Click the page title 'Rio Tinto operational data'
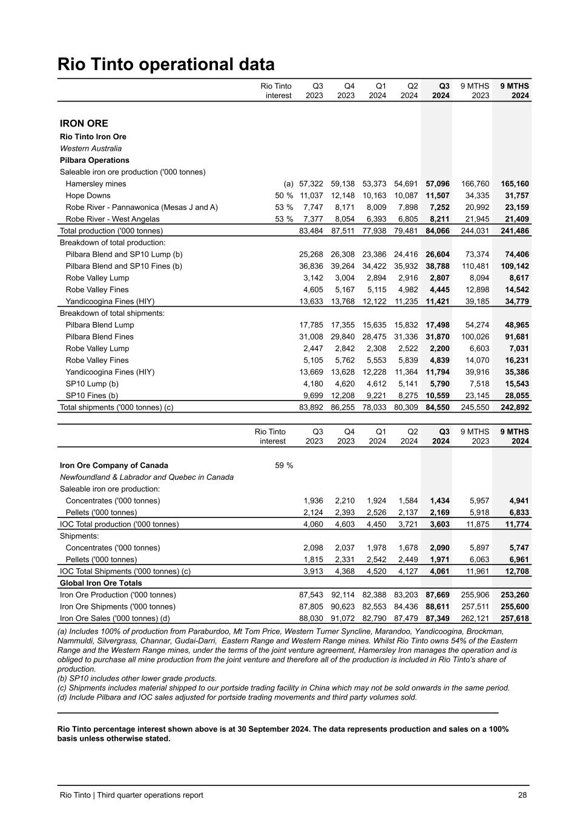165,65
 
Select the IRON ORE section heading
84,123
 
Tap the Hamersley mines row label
96,184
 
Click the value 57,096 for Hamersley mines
438,184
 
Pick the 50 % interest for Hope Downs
284,195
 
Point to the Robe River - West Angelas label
113,219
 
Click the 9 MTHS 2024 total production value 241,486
513,231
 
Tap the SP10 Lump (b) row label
92,384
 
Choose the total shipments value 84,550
438,407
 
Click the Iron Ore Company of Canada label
114,465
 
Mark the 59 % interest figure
284,465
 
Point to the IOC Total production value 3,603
439,524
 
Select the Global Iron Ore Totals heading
100,583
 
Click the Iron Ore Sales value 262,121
474,618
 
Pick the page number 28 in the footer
522,795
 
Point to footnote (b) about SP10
137,678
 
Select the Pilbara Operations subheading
94,160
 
